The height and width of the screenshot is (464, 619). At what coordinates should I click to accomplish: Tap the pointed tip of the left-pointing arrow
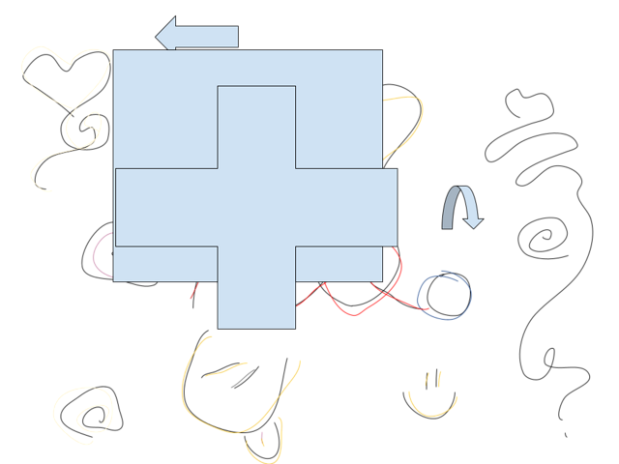point(156,36)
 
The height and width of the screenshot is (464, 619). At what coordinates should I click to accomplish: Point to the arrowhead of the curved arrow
point(473,222)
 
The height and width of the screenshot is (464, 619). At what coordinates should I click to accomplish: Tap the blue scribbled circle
point(445,296)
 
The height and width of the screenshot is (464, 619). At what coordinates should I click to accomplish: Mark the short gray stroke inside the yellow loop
point(243,378)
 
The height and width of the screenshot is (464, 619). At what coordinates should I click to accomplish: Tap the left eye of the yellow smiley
point(427,377)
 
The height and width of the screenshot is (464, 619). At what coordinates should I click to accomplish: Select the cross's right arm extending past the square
point(389,207)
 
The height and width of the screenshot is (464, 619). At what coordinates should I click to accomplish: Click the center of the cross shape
point(256,207)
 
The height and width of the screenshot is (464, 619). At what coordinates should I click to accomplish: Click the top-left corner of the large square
point(114,51)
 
